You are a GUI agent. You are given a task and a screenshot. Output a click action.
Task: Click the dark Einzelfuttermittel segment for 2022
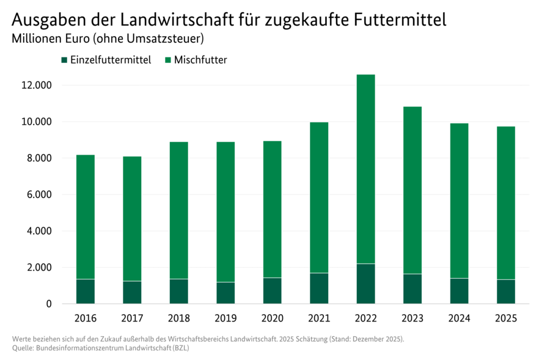tap(365, 284)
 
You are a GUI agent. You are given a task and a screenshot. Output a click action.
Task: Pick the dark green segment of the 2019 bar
tap(226, 293)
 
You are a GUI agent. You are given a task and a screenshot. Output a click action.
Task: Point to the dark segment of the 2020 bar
tap(273, 291)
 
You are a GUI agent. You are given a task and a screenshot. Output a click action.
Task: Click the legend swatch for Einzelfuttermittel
tap(64, 60)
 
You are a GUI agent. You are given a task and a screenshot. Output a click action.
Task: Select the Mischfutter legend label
tap(200, 60)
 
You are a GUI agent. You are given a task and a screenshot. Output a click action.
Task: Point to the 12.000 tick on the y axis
tap(36, 85)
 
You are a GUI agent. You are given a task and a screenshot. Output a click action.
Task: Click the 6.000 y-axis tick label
tap(38, 194)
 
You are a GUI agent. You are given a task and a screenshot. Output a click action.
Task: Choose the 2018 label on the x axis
tap(179, 318)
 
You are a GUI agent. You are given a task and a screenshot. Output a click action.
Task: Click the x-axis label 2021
tap(319, 318)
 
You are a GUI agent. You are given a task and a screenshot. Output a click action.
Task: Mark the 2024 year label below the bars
tap(459, 318)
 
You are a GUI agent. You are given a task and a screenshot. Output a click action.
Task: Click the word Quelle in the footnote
tap(23, 348)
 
